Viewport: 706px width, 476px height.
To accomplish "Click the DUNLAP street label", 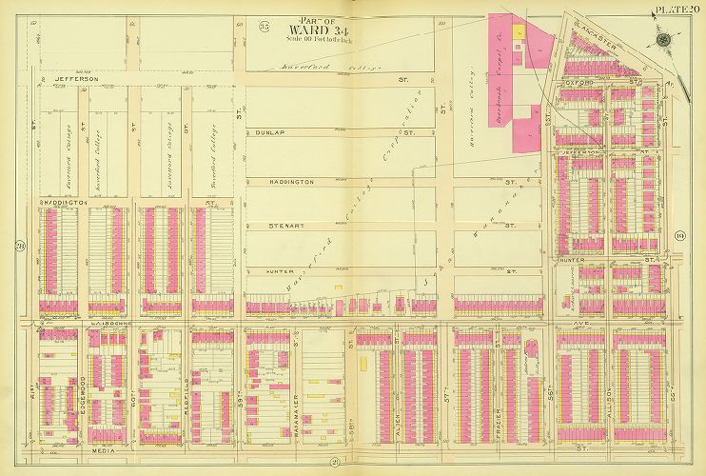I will pyautogui.click(x=264, y=134).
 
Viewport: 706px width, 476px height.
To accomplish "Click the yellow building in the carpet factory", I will pyautogui.click(x=520, y=31).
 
